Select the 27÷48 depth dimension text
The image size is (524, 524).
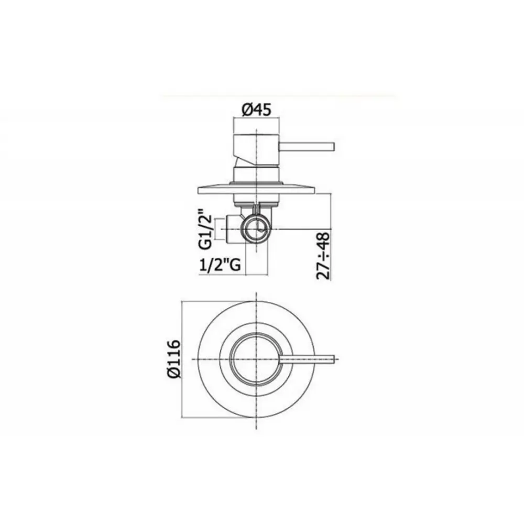325,256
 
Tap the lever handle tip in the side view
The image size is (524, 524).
332,146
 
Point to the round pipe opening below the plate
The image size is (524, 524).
256,229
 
